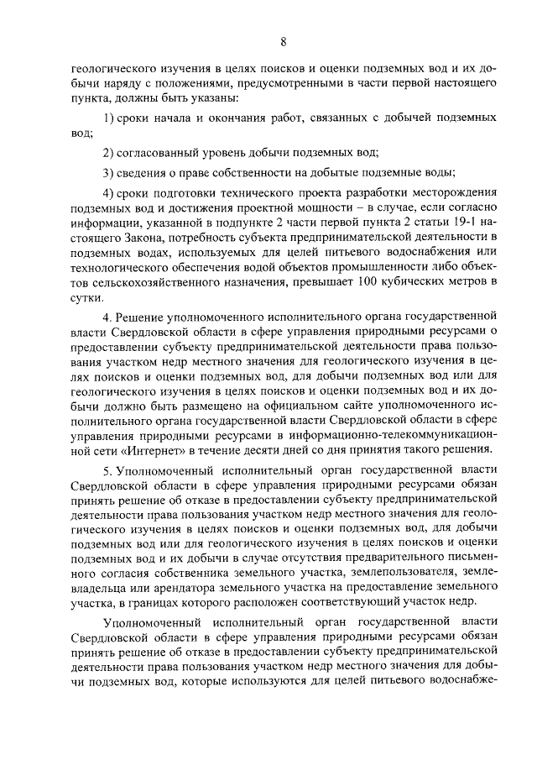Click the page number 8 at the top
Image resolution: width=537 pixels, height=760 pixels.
(x=284, y=41)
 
